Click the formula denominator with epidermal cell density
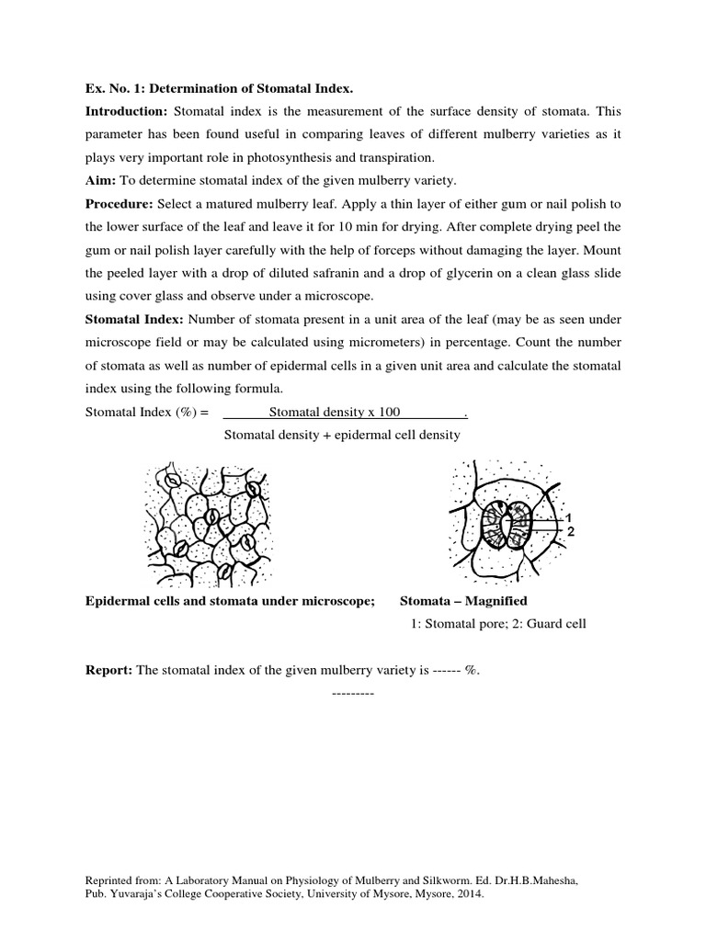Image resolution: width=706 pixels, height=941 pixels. pos(342,434)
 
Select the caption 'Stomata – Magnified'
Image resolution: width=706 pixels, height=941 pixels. pos(463,601)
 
